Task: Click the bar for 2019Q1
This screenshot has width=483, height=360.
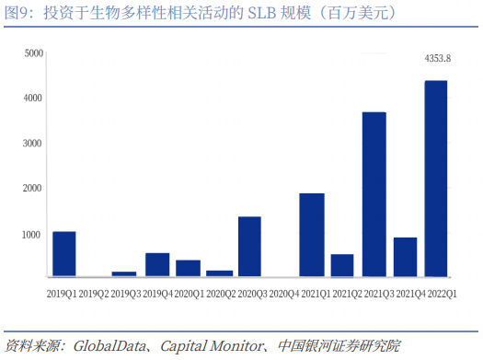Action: tap(63, 254)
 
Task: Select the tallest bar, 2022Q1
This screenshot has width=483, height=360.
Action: tap(435, 179)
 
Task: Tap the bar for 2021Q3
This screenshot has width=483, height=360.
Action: tap(374, 194)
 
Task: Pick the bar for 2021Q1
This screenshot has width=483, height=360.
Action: tap(311, 235)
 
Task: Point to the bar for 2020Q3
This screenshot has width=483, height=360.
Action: tap(249, 247)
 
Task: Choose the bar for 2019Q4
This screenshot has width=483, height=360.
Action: tap(156, 265)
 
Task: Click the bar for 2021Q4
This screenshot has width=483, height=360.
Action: tap(405, 257)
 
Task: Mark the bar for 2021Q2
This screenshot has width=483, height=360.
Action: tap(342, 265)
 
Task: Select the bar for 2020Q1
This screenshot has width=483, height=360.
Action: tap(188, 268)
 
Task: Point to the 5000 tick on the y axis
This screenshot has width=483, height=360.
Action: tap(33, 53)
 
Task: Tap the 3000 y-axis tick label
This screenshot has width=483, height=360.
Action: tap(33, 144)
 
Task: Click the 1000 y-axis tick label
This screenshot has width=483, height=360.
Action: tap(33, 234)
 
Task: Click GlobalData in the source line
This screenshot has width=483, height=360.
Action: tap(104, 347)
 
